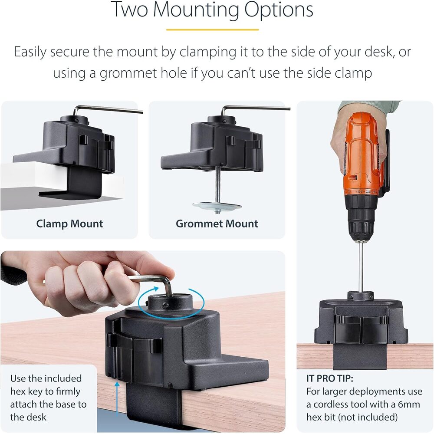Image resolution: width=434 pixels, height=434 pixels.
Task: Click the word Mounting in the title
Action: [x=196, y=10]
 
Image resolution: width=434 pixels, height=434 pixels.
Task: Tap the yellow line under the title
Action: [x=212, y=30]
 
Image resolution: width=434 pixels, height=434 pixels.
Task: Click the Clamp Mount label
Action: [x=69, y=224]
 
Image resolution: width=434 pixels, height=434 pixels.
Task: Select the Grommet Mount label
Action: [x=217, y=224]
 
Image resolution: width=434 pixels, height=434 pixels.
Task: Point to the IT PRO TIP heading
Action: [x=330, y=378]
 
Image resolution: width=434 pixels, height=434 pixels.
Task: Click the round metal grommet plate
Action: [x=217, y=206]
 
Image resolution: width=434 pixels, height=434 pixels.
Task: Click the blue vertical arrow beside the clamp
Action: [x=117, y=399]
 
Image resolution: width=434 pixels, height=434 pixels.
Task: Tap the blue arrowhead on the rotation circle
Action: [x=156, y=289]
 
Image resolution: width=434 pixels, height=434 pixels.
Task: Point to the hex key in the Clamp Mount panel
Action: [x=108, y=110]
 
